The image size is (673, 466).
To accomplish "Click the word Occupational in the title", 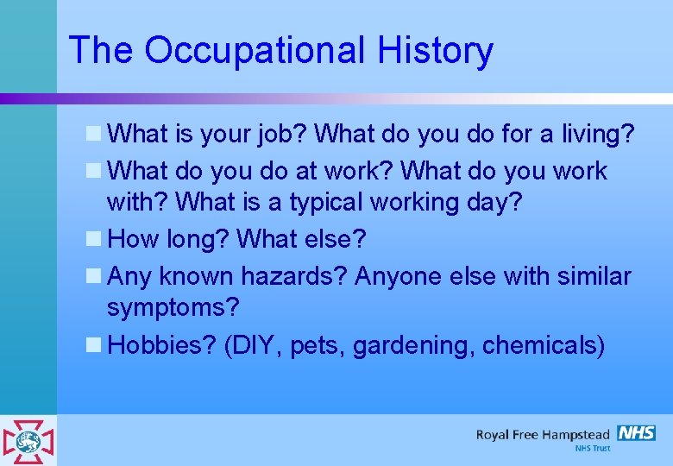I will click(x=255, y=51).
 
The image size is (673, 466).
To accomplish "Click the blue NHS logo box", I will click(x=636, y=433).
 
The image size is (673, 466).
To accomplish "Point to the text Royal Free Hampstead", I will click(x=542, y=434).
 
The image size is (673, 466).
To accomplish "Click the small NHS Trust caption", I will click(x=592, y=449).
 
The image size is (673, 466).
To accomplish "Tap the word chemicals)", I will click(x=544, y=345).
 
